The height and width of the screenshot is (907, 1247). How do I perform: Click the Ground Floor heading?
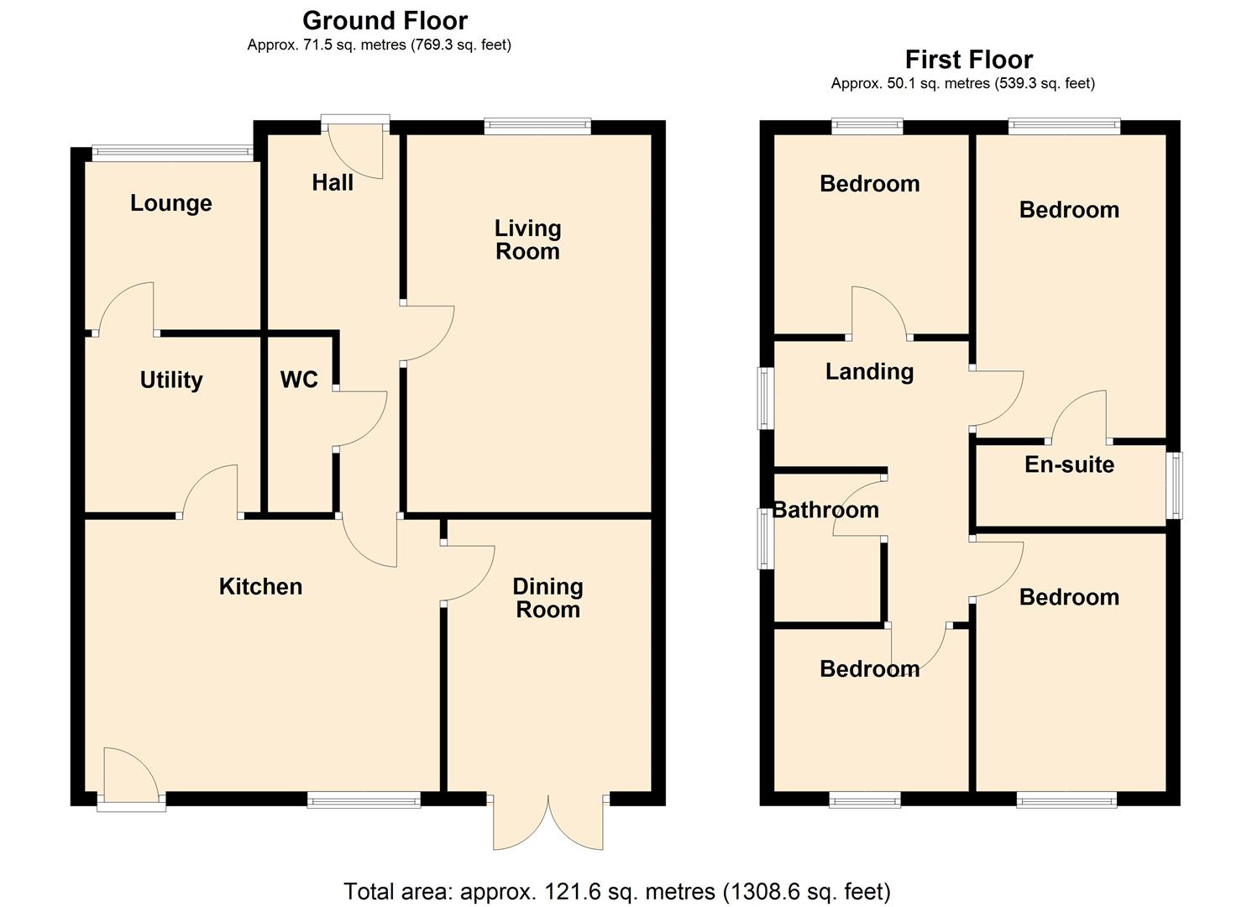385,20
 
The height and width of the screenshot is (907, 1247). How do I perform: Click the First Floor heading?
968,60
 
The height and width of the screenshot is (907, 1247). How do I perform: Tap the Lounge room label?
170,203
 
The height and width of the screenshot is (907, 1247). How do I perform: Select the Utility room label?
170,380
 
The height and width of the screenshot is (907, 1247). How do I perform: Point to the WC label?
299,380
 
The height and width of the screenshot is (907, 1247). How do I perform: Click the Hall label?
333,183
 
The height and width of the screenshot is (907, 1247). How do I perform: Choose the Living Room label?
527,239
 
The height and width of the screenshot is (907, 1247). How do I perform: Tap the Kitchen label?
260,586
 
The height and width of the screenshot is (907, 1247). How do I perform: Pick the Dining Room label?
548,598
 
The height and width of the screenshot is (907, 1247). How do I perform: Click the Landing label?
869,371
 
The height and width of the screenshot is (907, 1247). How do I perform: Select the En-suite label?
1069,464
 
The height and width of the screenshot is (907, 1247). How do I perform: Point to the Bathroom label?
825,510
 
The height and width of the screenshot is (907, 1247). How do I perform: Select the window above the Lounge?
171,153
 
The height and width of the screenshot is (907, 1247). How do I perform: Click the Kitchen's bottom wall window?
364,800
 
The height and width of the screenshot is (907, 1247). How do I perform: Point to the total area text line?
617,891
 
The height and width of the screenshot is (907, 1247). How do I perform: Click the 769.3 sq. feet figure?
459,45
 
